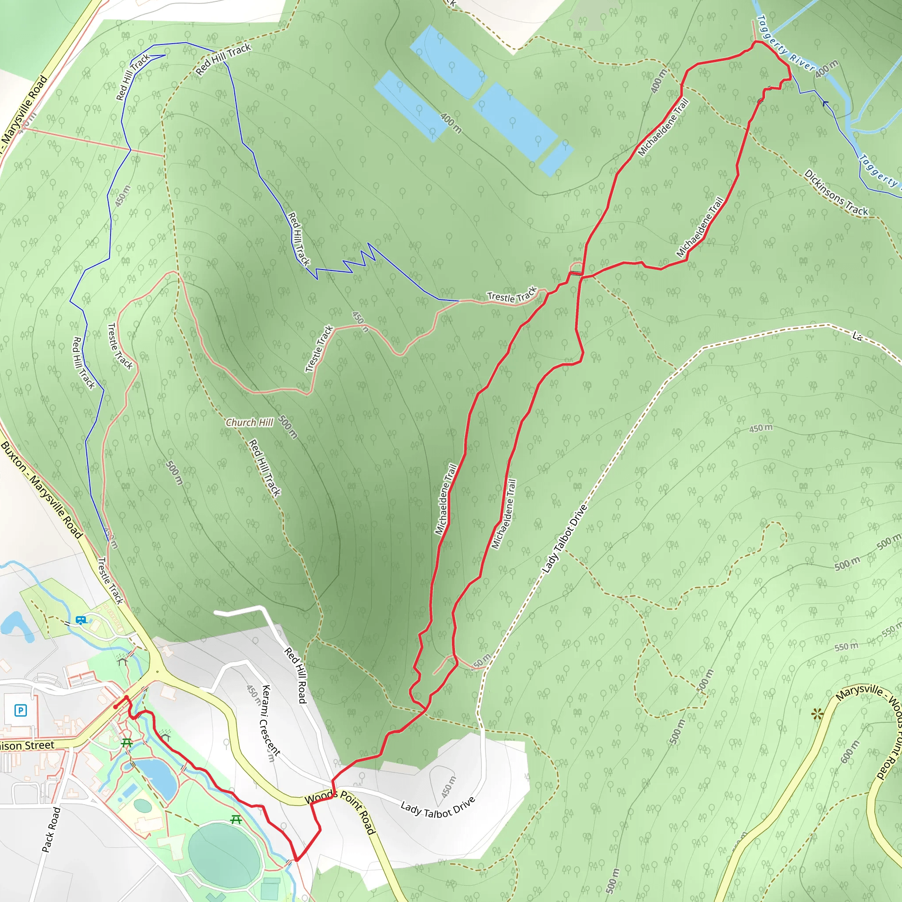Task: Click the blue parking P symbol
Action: point(21,710)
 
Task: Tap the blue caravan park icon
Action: point(81,621)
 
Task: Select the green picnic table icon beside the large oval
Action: point(236,819)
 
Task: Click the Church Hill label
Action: point(249,422)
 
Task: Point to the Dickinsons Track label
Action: point(835,193)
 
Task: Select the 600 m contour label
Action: point(849,752)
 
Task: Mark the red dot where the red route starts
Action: point(115,707)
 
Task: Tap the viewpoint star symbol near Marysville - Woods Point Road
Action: point(817,714)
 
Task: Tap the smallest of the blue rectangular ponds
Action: point(556,157)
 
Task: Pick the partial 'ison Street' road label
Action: point(27,746)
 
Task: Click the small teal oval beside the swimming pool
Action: point(142,806)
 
